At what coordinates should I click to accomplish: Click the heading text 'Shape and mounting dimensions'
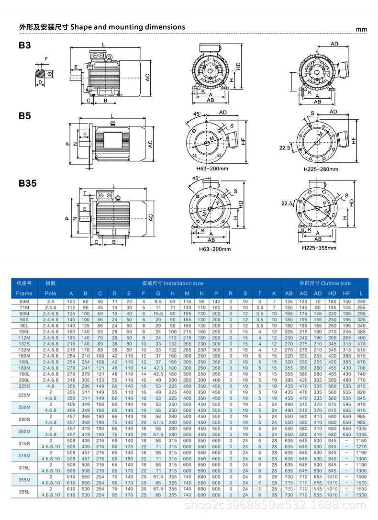click(128, 27)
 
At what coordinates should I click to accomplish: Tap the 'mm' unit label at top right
click(362, 30)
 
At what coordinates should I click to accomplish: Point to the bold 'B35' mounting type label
click(27, 183)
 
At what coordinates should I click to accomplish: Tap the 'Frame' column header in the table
click(24, 293)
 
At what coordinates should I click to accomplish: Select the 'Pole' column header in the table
click(51, 293)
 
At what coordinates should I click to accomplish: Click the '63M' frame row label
click(24, 302)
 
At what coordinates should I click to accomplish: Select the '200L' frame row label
click(24, 380)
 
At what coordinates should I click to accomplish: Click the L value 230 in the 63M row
click(361, 302)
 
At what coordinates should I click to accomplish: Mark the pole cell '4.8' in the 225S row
click(51, 386)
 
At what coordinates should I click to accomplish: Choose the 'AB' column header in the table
click(289, 293)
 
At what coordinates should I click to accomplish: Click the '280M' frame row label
click(24, 431)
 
